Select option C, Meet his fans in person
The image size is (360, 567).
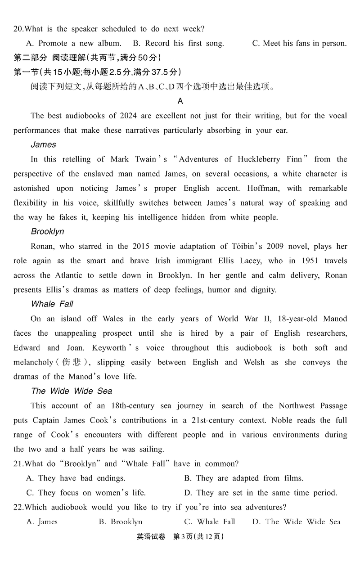pos(299,44)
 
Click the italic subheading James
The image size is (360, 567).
pos(44,144)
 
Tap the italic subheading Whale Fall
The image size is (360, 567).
pos(52,304)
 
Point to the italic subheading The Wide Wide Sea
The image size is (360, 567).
pos(72,391)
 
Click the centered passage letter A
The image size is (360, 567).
pos(180,101)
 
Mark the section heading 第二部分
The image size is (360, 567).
pos(30,58)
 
